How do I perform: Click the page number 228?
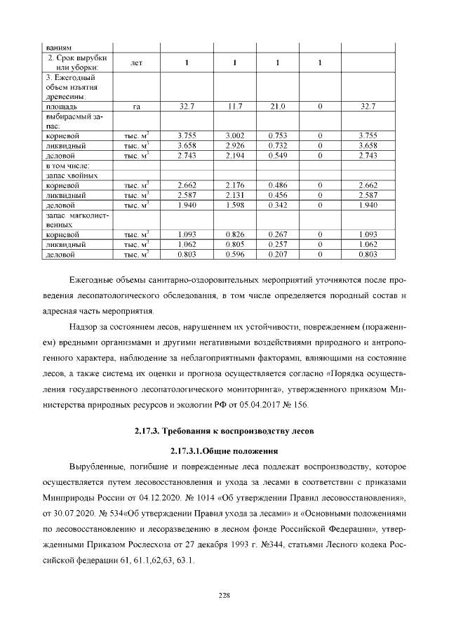coord(224,595)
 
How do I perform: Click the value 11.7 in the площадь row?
coord(234,107)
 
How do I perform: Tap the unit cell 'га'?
coord(137,107)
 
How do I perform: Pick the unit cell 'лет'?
coord(137,63)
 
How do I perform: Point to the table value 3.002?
coord(234,135)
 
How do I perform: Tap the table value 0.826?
coord(234,234)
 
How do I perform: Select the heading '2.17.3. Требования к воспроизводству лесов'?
coord(224,430)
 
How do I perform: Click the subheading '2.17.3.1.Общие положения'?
coord(224,450)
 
